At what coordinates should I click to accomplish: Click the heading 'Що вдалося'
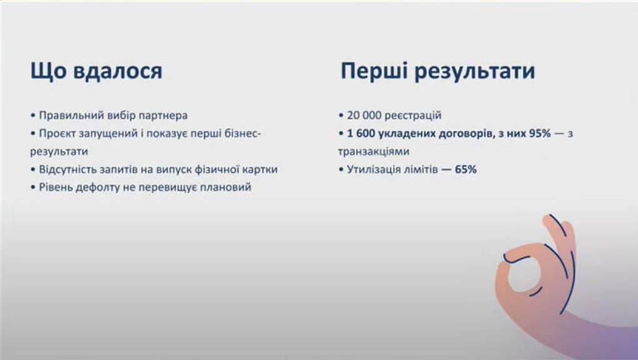[x=96, y=71]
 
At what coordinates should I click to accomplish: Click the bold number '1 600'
[x=361, y=133]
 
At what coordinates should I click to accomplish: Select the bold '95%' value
[x=540, y=133]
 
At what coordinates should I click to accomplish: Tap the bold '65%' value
[x=465, y=169]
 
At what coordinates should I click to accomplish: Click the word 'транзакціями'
[x=373, y=152]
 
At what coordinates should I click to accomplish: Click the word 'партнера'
[x=163, y=116]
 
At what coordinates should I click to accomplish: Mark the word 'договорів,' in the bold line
[x=466, y=134]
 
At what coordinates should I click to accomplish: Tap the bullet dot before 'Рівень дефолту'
[x=33, y=187]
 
